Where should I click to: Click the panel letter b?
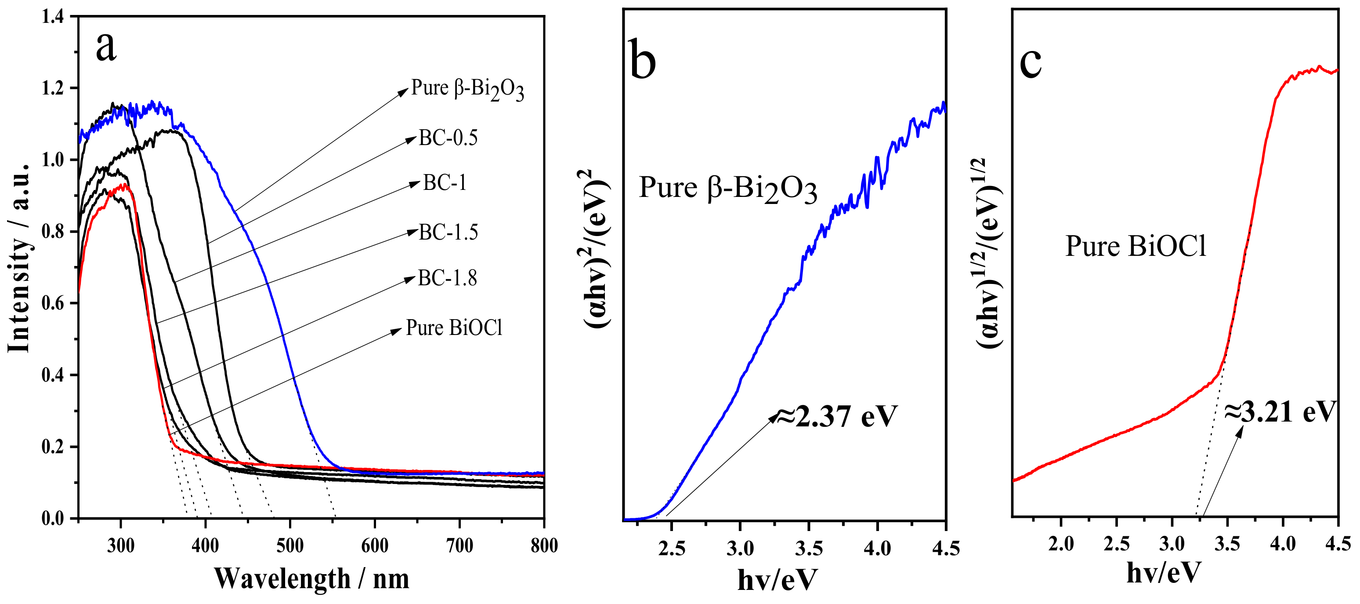point(643,61)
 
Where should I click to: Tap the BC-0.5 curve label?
point(448,138)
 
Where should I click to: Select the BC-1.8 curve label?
point(447,278)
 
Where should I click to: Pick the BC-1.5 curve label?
point(448,232)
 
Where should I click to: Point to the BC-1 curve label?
point(445,183)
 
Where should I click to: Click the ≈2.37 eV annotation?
point(836,416)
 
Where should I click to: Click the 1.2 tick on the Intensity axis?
point(52,88)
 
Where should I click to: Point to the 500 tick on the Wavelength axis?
point(290,546)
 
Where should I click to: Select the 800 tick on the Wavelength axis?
point(543,546)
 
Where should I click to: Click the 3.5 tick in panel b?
point(808,548)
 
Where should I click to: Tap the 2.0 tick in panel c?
point(1061,544)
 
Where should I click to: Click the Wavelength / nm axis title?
point(311,579)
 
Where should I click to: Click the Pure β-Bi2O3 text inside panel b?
point(727,189)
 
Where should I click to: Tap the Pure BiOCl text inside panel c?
point(1136,246)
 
